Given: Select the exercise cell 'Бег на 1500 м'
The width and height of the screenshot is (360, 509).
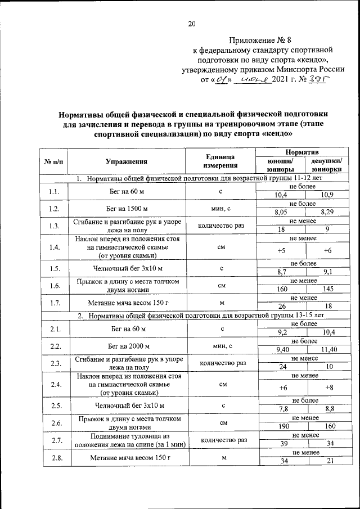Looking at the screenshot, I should tap(127, 209).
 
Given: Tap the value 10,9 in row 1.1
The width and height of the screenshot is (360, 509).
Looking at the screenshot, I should tap(327, 195).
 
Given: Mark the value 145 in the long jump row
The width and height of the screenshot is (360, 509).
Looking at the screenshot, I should tap(327, 289).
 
